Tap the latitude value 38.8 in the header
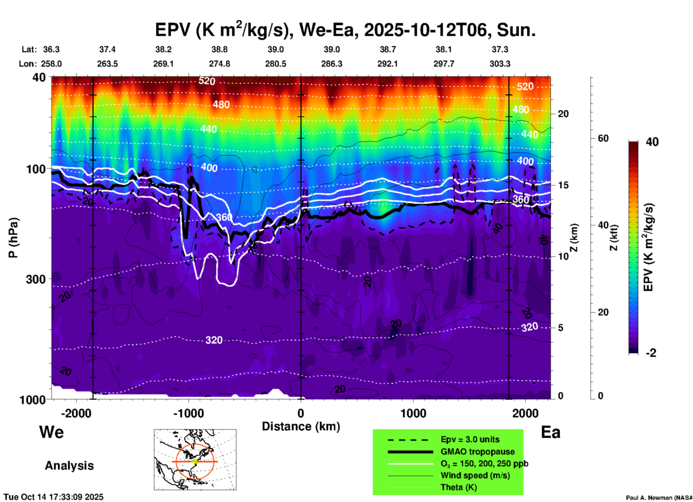point(219,49)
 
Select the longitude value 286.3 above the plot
point(332,64)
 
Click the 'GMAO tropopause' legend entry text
point(477,452)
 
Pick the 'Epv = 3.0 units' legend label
point(470,440)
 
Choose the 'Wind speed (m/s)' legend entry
point(475,475)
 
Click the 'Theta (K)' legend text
point(458,487)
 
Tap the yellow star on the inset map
point(195,461)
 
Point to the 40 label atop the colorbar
point(652,142)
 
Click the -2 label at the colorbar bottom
point(651,353)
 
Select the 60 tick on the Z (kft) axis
point(603,138)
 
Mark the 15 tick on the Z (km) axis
point(563,185)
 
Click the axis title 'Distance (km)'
point(301,426)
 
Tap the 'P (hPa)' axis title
point(13,238)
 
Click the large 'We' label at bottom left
point(51,432)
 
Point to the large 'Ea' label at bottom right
point(551,432)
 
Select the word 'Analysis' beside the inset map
point(69,466)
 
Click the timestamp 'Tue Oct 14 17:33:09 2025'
point(54,497)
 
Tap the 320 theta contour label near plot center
point(214,340)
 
